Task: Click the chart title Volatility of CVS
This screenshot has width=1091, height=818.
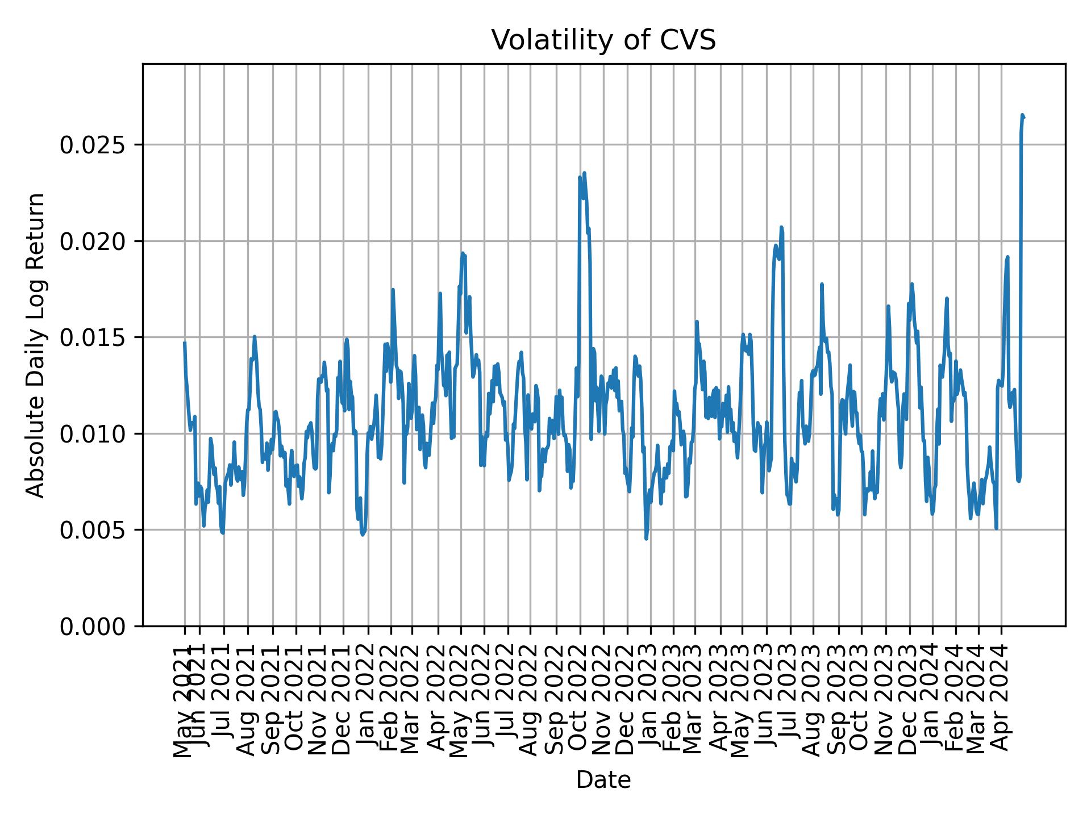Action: tap(603, 41)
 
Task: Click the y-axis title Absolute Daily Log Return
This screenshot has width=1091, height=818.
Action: tap(36, 345)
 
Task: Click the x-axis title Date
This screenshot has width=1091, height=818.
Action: tap(603, 780)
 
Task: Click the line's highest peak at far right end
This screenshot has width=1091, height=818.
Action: tap(1022, 115)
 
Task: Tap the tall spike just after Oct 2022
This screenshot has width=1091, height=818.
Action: tap(584, 173)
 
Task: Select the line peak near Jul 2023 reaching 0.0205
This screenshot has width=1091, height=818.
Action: tap(781, 227)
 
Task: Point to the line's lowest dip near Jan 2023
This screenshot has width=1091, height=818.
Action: tap(646, 538)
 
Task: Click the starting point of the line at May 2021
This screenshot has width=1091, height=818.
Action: tap(185, 343)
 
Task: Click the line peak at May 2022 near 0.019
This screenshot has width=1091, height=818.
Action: tap(463, 253)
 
